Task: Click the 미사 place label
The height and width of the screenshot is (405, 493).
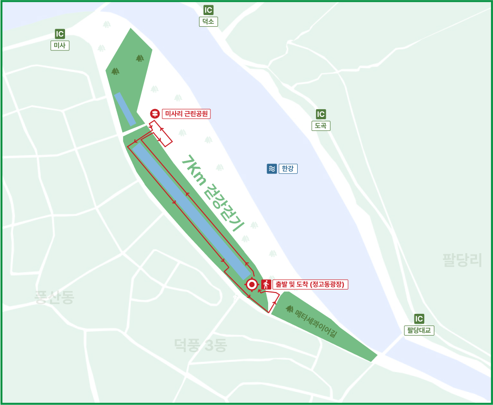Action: click(60, 46)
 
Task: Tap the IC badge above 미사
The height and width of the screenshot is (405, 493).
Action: click(60, 34)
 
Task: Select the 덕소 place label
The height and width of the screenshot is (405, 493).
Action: click(208, 21)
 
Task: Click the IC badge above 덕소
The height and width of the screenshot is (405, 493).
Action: click(208, 10)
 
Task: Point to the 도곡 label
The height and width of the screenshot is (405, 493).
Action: click(321, 126)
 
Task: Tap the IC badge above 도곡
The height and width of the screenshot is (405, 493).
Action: click(321, 114)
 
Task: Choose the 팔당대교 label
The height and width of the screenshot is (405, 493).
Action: click(419, 330)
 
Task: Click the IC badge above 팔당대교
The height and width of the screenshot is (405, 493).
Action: click(419, 319)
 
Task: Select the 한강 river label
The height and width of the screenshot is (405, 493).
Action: click(287, 169)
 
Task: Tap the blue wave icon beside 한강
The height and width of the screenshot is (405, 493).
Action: click(272, 169)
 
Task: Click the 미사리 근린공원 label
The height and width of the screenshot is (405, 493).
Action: click(187, 114)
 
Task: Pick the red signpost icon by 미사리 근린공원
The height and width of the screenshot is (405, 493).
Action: click(155, 113)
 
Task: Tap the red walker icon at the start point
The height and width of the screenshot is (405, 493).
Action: click(266, 285)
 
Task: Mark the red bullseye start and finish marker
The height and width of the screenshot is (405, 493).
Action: click(252, 285)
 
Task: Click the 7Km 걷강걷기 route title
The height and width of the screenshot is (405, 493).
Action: click(212, 193)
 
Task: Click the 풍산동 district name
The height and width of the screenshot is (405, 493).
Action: click(54, 297)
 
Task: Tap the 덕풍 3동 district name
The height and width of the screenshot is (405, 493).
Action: click(200, 345)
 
